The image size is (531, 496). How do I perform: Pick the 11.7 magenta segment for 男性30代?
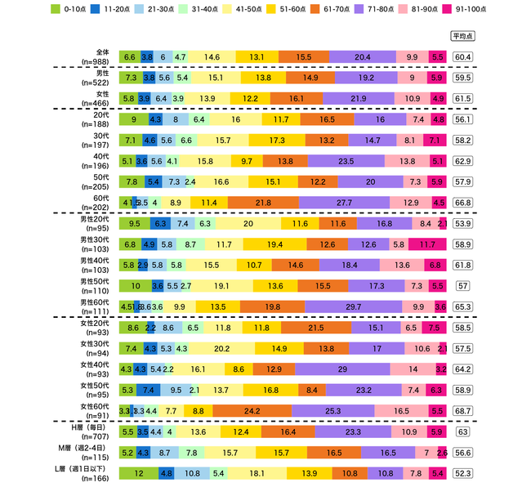[427, 244]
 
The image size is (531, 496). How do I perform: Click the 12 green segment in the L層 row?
[139, 473]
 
